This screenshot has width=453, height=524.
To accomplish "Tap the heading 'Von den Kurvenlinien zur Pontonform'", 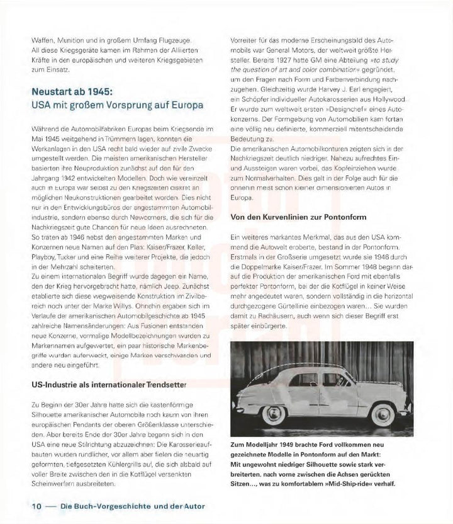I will pyautogui.click(x=308, y=217).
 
